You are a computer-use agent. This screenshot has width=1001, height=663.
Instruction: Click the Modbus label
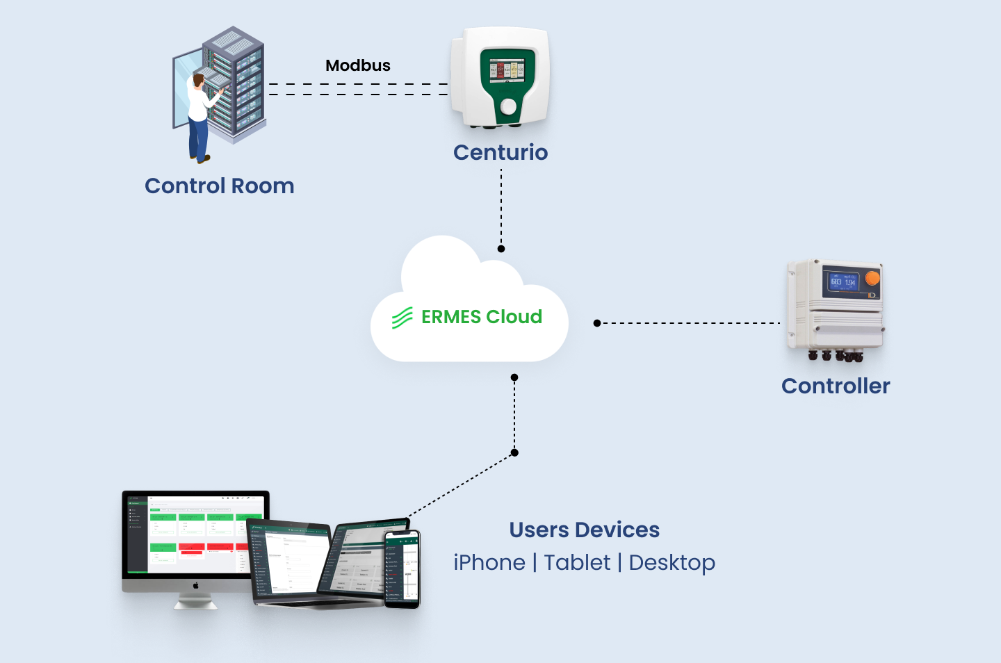click(x=358, y=65)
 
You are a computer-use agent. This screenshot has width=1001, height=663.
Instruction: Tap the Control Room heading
click(x=220, y=186)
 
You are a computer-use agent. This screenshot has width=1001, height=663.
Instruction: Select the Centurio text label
click(x=500, y=152)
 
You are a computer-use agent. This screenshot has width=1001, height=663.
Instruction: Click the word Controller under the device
click(x=836, y=386)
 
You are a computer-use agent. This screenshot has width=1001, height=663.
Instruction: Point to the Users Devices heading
click(x=584, y=530)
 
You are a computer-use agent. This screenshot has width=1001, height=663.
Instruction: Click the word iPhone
click(x=489, y=562)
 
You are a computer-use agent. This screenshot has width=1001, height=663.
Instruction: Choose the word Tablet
click(x=577, y=562)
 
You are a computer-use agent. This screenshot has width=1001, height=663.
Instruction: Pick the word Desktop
click(x=672, y=563)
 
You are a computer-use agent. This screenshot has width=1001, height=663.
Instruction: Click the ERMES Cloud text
click(x=482, y=317)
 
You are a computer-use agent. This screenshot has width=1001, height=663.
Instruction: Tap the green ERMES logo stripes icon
click(x=402, y=318)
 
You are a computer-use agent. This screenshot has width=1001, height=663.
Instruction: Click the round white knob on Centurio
click(x=509, y=106)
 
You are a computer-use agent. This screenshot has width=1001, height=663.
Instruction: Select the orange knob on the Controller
click(x=872, y=278)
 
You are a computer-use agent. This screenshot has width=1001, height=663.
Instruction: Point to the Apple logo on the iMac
click(x=196, y=585)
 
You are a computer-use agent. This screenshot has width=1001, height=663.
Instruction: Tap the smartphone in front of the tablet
click(x=402, y=569)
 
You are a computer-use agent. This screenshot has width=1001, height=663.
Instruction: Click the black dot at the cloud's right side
click(x=597, y=323)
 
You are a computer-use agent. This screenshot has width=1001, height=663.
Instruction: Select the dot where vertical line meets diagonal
click(x=514, y=452)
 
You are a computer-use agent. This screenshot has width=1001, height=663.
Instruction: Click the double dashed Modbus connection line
click(x=358, y=89)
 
